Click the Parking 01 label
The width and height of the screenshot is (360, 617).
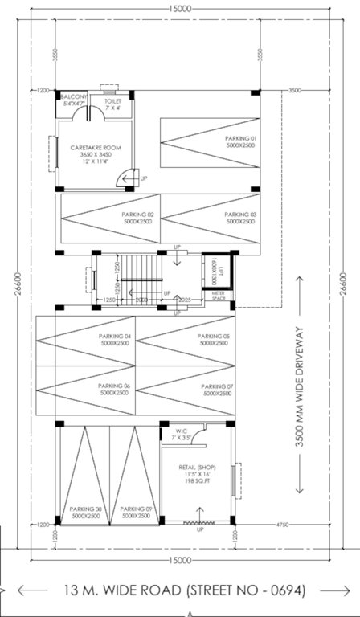[239, 138]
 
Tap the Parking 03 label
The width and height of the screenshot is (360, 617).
[240, 215]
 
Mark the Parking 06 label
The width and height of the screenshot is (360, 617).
[114, 387]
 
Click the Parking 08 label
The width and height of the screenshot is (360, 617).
[85, 509]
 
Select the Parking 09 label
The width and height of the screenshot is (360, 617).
[136, 509]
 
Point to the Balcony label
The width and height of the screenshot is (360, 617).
[73, 96]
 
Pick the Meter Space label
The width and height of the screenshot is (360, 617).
[218, 296]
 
